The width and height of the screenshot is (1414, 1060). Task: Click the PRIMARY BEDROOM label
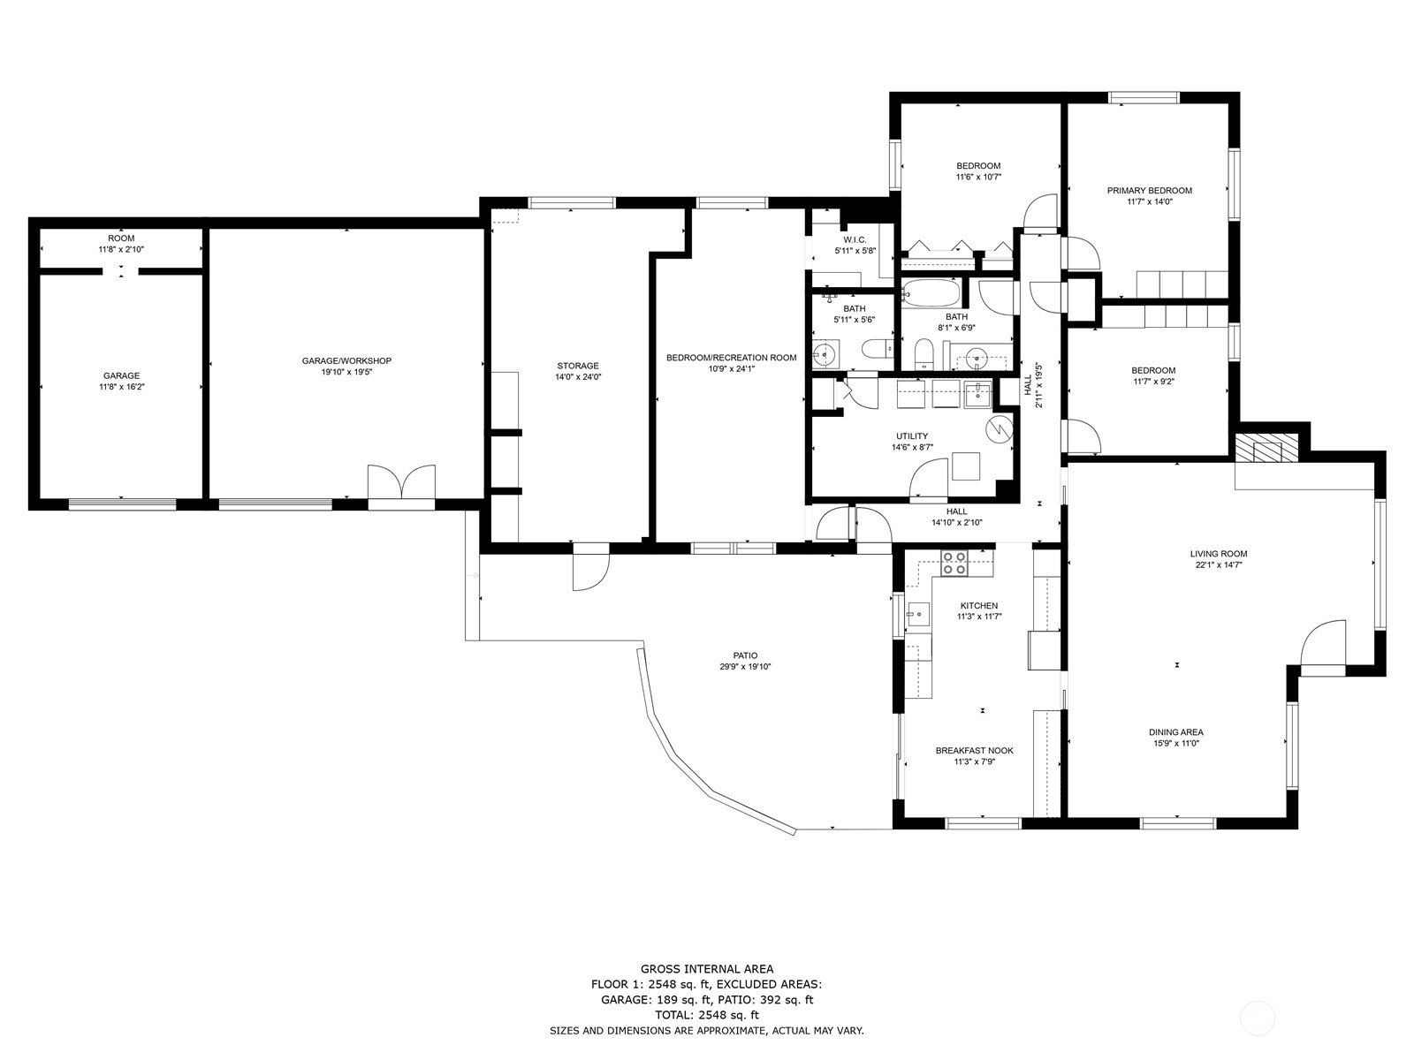click(1149, 191)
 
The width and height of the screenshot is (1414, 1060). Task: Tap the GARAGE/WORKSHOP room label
click(346, 361)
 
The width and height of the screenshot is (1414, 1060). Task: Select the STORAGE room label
click(578, 367)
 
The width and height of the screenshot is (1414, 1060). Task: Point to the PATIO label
click(745, 655)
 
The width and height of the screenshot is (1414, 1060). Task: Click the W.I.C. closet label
click(855, 240)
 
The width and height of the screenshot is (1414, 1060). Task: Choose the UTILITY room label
click(912, 436)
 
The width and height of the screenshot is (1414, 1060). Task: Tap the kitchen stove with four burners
click(954, 564)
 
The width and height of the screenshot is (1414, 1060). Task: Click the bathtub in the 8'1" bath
click(931, 294)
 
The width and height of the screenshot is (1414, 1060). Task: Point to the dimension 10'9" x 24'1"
click(731, 368)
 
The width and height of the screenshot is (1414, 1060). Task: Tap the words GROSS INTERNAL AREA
click(707, 969)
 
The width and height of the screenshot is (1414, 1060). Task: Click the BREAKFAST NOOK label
click(974, 751)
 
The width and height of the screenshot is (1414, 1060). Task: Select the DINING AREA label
click(1175, 731)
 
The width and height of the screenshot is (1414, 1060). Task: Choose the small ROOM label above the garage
click(121, 238)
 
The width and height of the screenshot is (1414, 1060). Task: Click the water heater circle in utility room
click(999, 429)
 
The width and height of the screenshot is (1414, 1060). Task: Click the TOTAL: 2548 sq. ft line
click(707, 1016)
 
